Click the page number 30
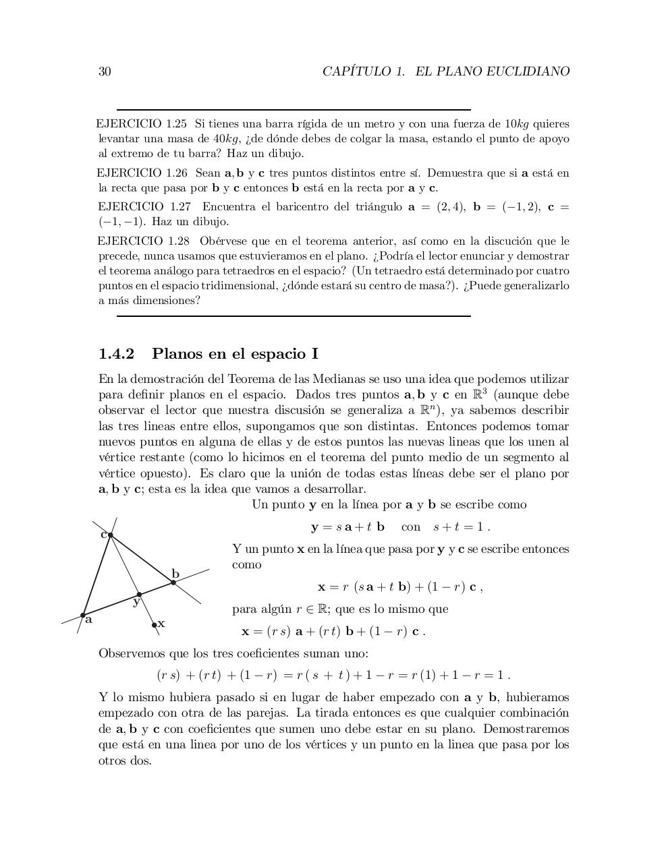(x=105, y=71)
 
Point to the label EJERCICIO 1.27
(x=144, y=206)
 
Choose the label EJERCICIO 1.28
(x=144, y=241)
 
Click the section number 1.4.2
(x=117, y=354)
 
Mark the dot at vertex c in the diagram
(x=110, y=535)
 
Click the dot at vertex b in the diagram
(x=173, y=582)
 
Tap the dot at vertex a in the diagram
(x=83, y=615)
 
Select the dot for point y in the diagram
(x=139, y=595)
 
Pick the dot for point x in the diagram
(x=155, y=625)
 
